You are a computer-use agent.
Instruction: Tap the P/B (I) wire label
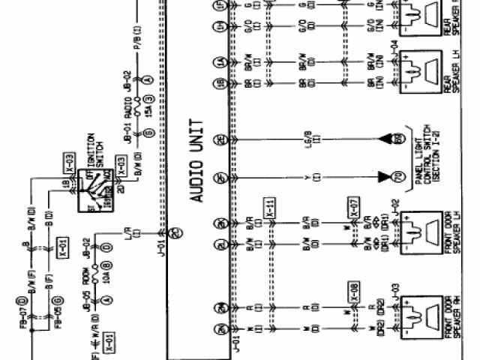(x=138, y=37)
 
